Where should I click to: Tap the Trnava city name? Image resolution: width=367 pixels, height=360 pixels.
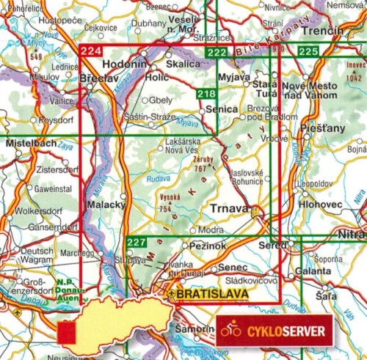(x=230, y=209)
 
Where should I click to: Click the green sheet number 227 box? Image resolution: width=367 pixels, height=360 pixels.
(x=137, y=243)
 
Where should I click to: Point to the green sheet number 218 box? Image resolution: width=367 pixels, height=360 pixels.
(x=207, y=93)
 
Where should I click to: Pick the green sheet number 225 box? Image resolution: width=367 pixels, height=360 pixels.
(x=308, y=51)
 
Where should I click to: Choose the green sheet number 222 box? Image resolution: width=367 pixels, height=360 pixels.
(x=217, y=52)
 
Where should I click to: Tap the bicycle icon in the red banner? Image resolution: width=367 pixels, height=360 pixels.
(x=230, y=331)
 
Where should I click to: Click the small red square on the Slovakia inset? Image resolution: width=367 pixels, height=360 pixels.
(x=68, y=332)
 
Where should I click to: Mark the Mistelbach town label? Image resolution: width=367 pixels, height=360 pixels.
(x=30, y=144)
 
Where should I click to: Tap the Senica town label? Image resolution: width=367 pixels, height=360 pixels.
(x=222, y=109)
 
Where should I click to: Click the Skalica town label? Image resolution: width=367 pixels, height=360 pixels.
(x=185, y=65)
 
